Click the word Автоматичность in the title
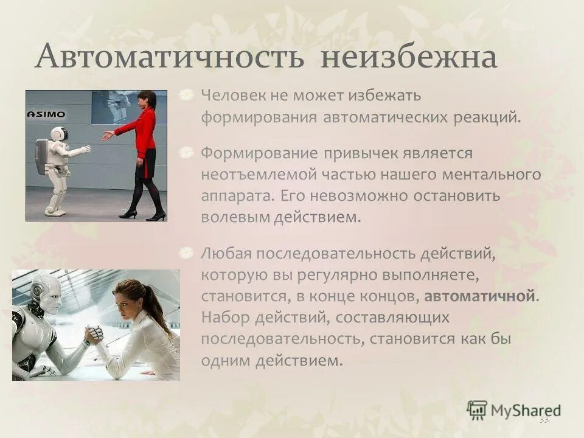coord(171,58)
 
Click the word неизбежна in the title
coord(409,58)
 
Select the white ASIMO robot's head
coord(58,134)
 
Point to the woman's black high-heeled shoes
coord(142,214)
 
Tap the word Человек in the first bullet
coord(228,96)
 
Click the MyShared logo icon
coord(477,409)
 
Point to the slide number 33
coord(543,420)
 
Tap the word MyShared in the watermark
coord(526,409)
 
